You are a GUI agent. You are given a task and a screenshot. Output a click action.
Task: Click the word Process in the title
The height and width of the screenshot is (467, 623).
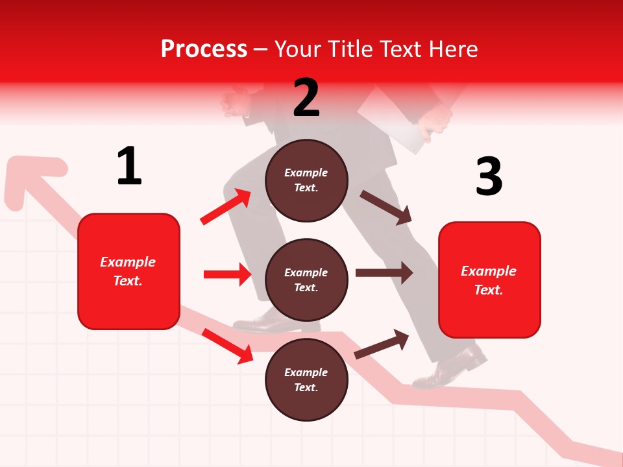pos(204,49)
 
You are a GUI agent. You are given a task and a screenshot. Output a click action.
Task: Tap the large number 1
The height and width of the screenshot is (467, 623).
pos(129,167)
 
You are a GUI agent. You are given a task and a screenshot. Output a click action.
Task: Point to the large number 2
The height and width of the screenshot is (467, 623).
pos(306,98)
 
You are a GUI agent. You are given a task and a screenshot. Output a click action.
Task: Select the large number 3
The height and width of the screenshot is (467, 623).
pos(489,176)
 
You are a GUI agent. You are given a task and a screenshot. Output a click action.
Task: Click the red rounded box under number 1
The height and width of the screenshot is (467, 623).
pos(128,271)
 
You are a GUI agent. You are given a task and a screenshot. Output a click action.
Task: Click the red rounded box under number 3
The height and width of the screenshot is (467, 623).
pos(489,280)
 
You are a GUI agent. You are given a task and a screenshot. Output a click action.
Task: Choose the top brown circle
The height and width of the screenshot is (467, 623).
pos(306,180)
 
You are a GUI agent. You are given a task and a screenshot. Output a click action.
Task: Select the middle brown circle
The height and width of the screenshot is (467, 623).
pos(306,280)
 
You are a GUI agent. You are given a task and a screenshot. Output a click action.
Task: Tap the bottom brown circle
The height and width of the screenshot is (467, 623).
pos(306,380)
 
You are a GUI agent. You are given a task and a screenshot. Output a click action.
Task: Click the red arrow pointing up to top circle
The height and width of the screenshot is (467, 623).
pos(226,207)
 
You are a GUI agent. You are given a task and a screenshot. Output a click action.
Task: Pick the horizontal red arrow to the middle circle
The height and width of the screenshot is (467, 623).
pos(227,274)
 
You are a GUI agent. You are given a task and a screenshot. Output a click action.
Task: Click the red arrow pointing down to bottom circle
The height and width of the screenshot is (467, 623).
pos(227,346)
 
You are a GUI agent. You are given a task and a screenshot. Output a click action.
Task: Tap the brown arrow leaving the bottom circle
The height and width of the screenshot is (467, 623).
pos(382,344)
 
